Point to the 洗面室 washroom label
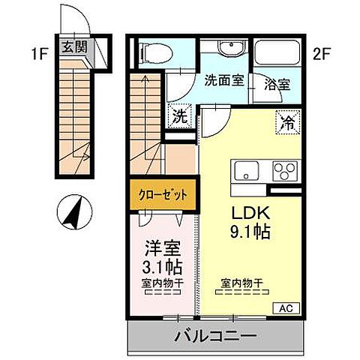223,81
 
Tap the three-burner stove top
285,169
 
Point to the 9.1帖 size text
244,231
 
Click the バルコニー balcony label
217,335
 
